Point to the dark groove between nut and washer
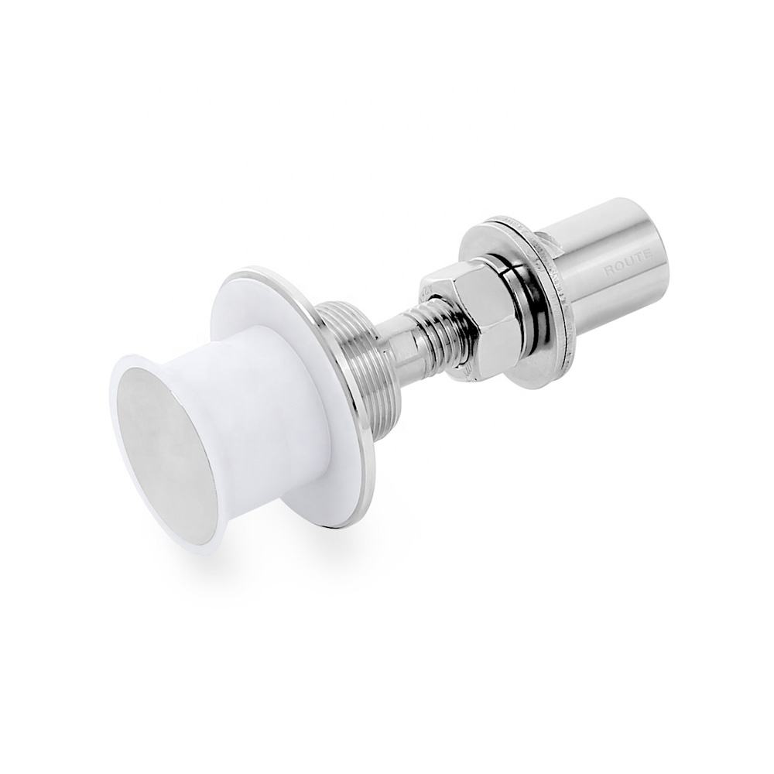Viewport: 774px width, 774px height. [515, 310]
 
